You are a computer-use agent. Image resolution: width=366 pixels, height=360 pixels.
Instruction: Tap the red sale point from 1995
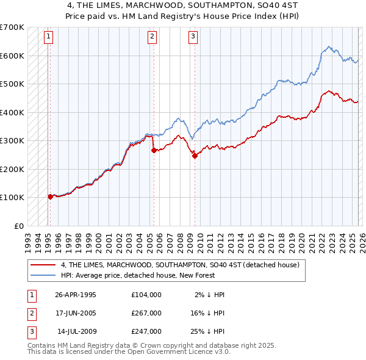tap(50, 196)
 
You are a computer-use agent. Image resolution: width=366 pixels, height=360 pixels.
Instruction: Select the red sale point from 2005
tap(154, 150)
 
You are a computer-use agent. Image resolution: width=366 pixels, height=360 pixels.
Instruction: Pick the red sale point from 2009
tap(195, 156)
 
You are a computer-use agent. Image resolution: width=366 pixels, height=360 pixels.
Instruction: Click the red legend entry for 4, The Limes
tap(180, 265)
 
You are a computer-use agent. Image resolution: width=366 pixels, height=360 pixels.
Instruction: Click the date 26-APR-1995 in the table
tap(76, 295)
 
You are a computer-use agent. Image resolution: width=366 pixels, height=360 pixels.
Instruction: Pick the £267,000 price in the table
tap(146, 313)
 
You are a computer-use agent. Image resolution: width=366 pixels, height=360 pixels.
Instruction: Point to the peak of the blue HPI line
tap(328, 46)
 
